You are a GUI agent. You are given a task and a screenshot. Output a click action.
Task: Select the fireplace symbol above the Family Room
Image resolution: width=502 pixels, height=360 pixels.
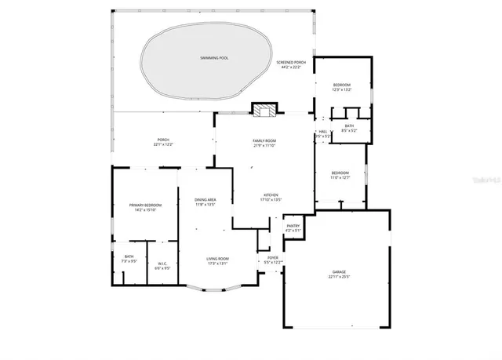coord(265,110)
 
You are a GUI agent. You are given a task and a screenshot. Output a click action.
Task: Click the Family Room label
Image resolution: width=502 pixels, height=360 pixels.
coord(264,140)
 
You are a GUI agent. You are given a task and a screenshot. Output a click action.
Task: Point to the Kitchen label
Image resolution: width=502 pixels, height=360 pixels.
coord(270,195)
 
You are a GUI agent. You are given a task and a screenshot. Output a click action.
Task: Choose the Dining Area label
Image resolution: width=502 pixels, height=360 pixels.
coord(206,200)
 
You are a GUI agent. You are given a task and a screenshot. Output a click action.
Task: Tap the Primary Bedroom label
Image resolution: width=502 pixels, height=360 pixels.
coord(145,205)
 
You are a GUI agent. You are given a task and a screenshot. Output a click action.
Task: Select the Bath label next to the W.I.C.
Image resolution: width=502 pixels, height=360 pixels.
coord(129,256)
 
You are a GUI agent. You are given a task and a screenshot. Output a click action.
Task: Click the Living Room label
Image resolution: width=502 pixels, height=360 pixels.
coord(217,259)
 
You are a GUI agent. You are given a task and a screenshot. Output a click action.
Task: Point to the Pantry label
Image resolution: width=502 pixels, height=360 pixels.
coord(293,227)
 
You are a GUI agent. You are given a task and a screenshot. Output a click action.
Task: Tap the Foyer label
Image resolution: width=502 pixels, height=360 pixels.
coord(273,257)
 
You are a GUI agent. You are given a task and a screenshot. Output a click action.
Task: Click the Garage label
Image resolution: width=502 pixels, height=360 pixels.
coord(338,271)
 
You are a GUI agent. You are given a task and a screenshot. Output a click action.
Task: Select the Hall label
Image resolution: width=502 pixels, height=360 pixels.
coord(322,131)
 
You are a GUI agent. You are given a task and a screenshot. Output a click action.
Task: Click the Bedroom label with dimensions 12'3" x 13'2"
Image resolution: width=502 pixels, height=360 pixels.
coord(341,85)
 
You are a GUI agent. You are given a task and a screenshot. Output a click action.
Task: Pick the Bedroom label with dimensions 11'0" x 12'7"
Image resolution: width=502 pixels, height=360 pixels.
coord(340,173)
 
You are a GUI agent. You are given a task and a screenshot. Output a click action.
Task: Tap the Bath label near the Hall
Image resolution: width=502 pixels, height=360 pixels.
coord(348,125)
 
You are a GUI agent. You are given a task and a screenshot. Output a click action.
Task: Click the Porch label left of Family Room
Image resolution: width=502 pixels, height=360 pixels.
coord(163,140)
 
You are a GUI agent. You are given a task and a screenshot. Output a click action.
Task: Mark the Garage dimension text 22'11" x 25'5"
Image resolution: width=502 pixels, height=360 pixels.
coord(338,277)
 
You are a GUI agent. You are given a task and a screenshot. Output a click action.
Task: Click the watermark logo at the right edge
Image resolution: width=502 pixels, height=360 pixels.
coord(486,180)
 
